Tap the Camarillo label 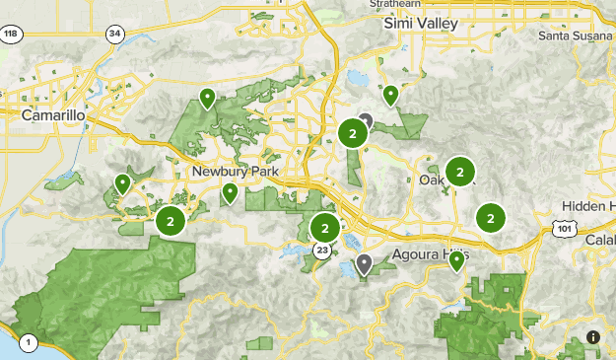(x=53, y=115)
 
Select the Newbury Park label (x=236, y=172)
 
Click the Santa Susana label (x=576, y=36)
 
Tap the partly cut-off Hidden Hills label (x=588, y=206)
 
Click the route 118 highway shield (x=11, y=35)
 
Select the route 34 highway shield (x=116, y=35)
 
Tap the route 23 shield (x=322, y=252)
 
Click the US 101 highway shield (x=563, y=229)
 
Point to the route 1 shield (x=30, y=343)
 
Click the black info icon (x=592, y=337)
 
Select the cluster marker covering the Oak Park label (x=459, y=173)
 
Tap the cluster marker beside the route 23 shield (x=323, y=228)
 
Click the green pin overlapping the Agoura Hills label (x=456, y=260)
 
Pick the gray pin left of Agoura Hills (x=364, y=263)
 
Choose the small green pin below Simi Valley (x=390, y=96)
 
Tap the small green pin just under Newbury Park (x=230, y=192)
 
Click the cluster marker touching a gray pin (x=352, y=132)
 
